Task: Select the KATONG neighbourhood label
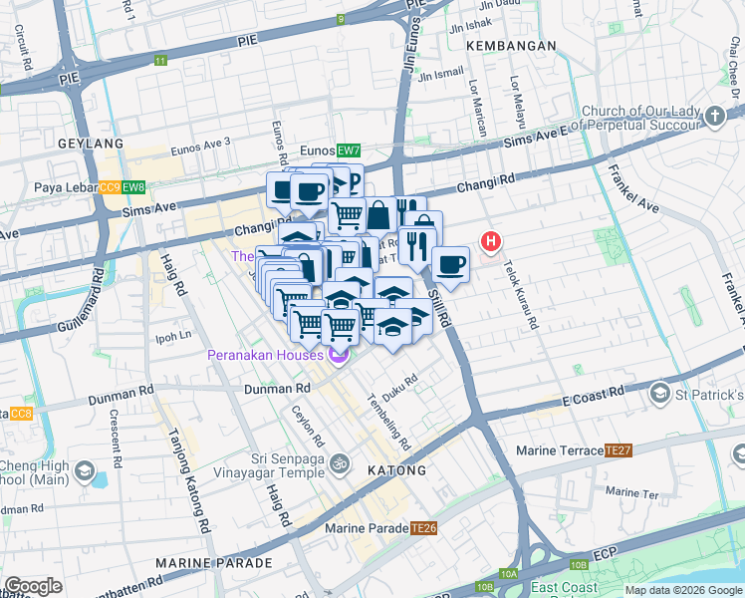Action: click(396, 469)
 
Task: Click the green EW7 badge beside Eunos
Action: click(348, 150)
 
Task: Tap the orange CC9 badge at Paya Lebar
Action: click(110, 187)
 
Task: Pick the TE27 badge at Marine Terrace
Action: click(619, 450)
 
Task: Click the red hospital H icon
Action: click(490, 241)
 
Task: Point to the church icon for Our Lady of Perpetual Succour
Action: click(714, 118)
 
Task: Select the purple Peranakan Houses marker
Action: click(339, 356)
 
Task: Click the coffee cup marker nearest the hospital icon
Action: click(450, 264)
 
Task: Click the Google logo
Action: click(33, 586)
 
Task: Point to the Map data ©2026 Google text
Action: click(682, 590)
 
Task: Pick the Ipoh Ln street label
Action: click(172, 335)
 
